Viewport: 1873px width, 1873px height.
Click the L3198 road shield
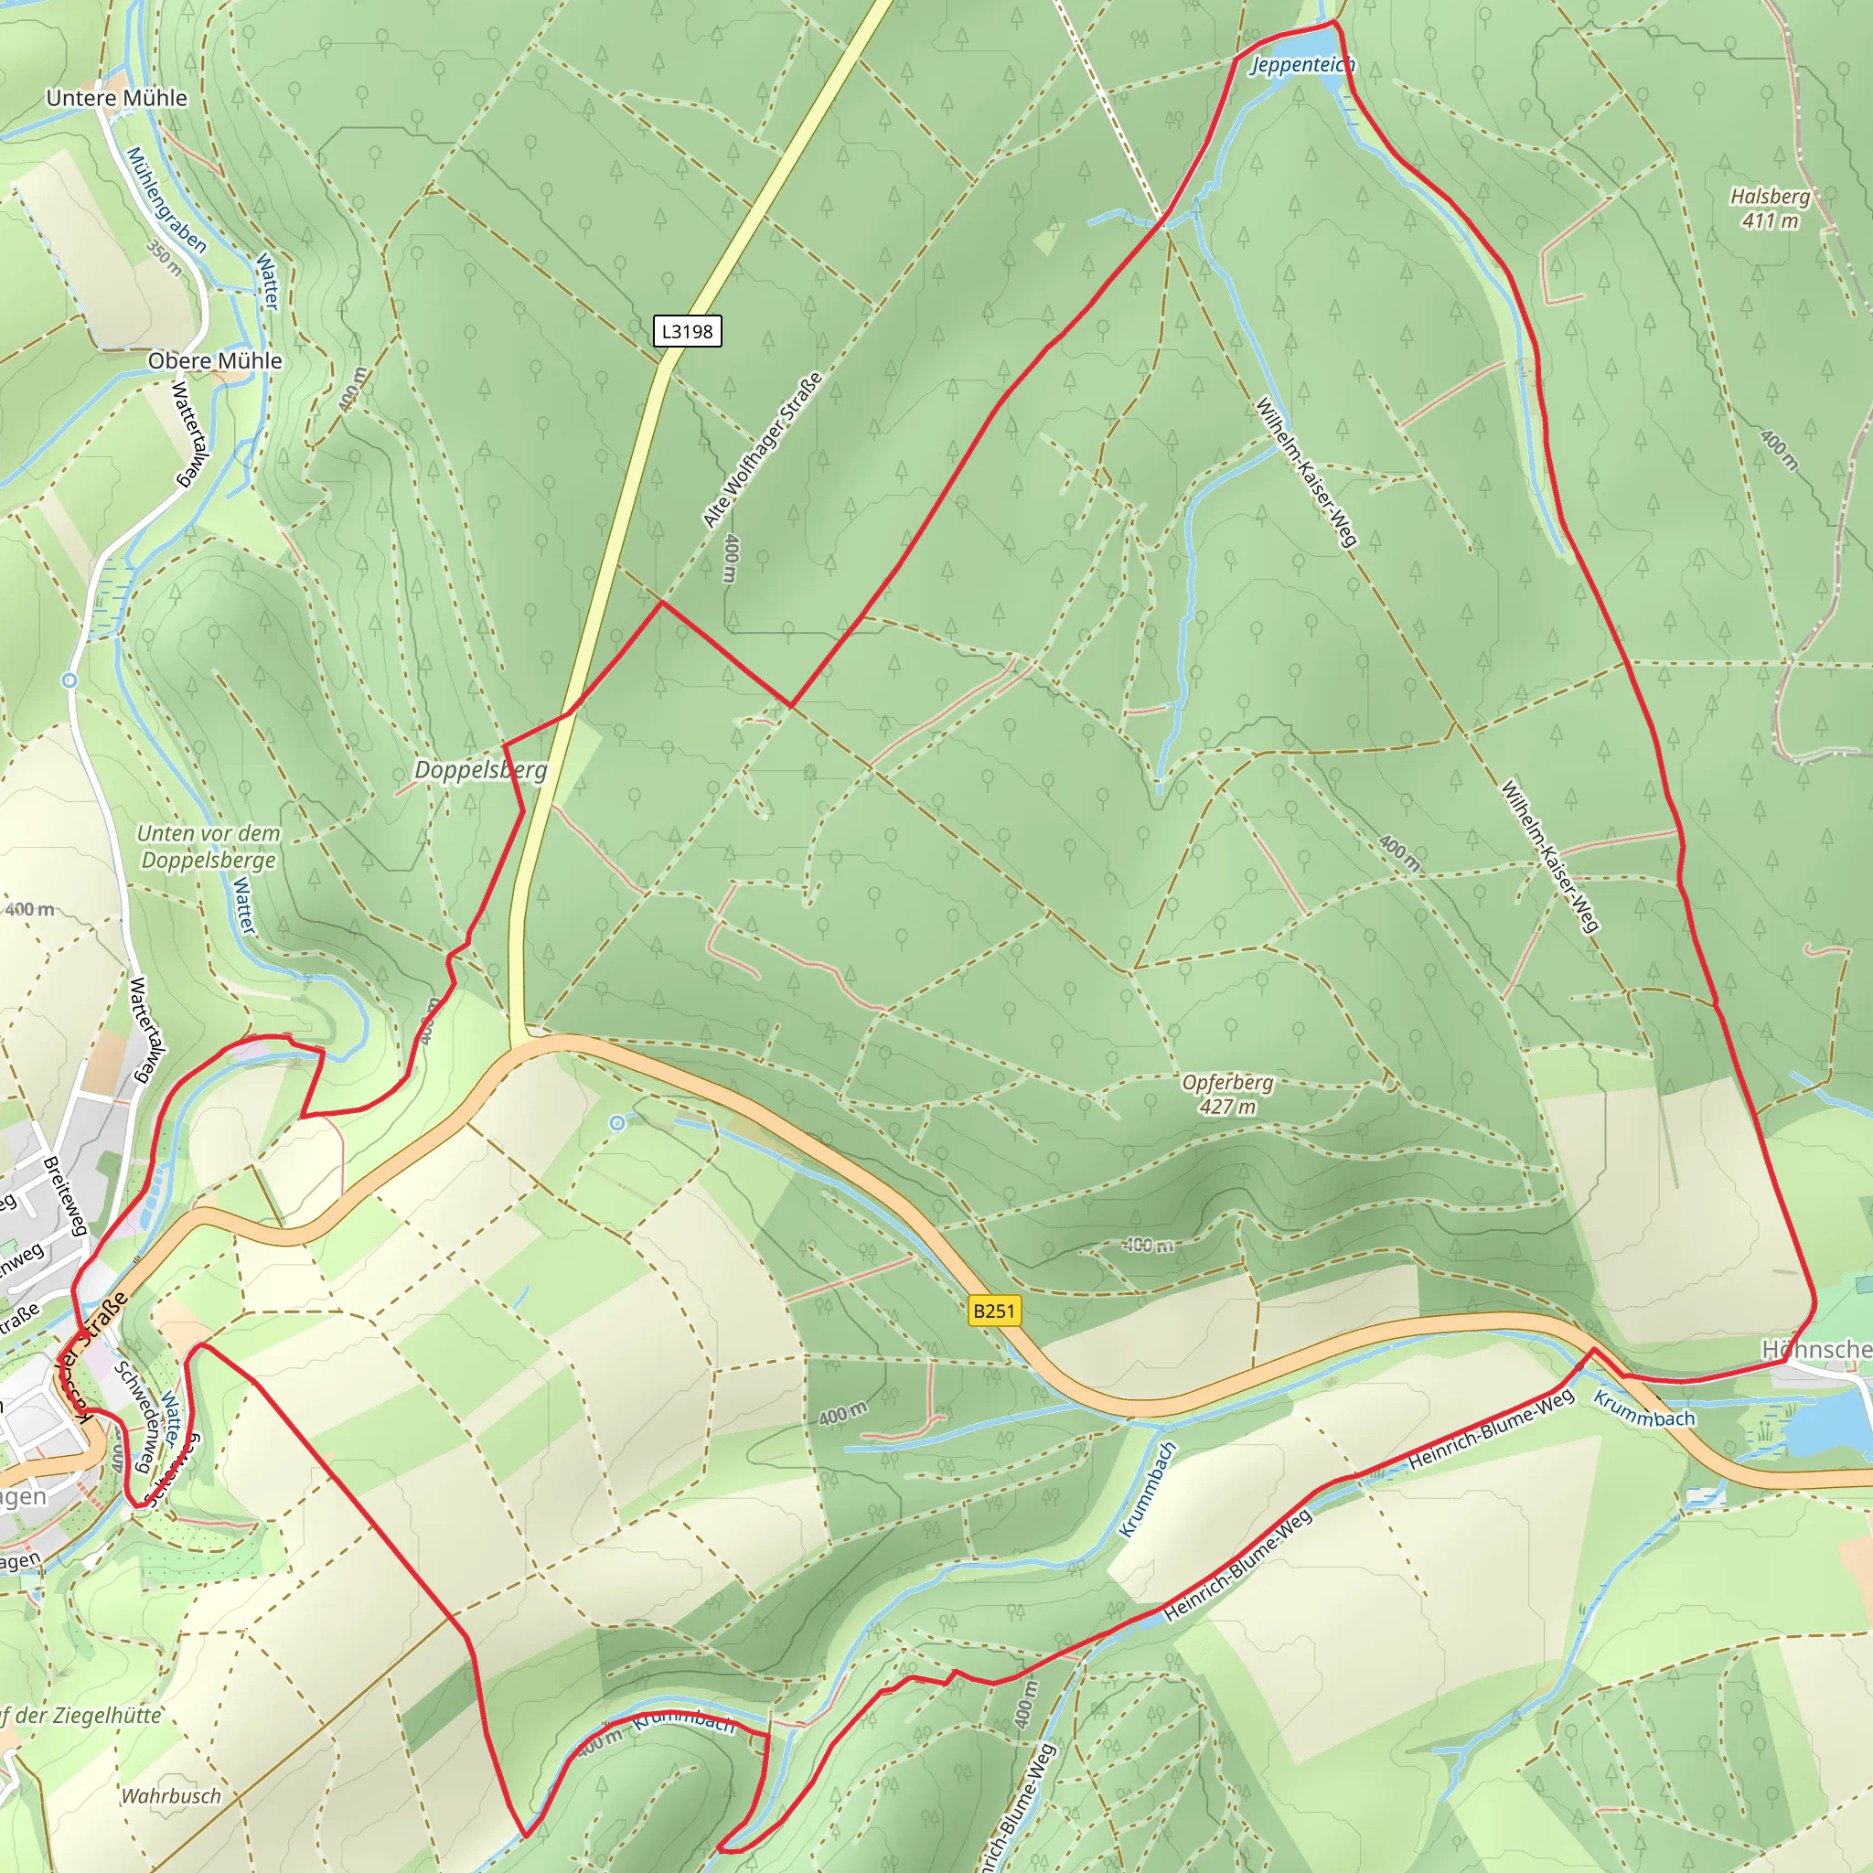pos(687,332)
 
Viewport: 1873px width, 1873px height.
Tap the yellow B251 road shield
pos(994,1311)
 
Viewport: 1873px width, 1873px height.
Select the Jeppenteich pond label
pos(1302,65)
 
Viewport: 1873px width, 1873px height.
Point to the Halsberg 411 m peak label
pos(1771,209)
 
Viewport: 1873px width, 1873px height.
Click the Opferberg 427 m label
pos(1226,1095)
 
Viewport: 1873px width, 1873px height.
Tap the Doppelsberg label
pos(481,770)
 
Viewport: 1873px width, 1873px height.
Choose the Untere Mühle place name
pos(116,98)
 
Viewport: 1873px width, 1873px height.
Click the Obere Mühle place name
pos(214,360)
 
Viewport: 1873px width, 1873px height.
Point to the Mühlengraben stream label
pos(166,199)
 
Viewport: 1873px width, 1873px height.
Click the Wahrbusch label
pos(171,1796)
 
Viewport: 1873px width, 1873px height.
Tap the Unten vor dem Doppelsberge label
pos(208,846)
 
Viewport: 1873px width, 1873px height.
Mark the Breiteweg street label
pos(66,1195)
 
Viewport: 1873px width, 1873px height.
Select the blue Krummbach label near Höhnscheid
pos(1644,1409)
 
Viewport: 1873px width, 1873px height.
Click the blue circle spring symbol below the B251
pos(617,1123)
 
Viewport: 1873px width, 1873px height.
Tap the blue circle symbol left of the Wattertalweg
pos(69,680)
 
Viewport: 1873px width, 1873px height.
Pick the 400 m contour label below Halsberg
pos(1780,450)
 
